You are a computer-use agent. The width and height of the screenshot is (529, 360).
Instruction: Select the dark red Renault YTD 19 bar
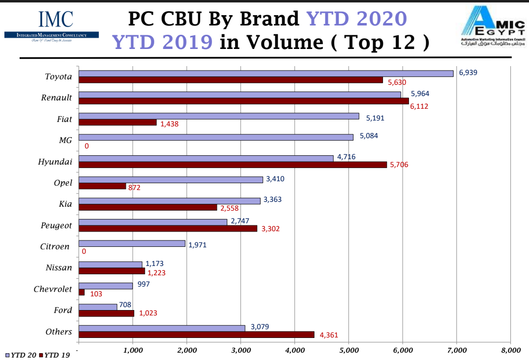243,101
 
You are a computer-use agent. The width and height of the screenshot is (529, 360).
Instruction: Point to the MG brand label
65,140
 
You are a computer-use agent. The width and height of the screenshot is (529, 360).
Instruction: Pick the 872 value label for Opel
134,188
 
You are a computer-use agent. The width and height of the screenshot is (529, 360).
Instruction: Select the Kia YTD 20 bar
169,201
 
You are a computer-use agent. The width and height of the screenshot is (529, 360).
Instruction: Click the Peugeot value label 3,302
270,229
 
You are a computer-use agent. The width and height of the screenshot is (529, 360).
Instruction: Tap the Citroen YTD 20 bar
132,243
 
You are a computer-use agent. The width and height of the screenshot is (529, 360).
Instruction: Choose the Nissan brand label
59,268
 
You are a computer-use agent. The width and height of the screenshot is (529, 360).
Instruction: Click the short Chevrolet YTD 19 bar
81,292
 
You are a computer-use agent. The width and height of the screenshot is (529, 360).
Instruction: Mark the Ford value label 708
125,305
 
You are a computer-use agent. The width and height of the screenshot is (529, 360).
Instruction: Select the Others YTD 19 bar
196,335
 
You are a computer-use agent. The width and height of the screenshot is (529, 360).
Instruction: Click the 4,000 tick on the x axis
294,350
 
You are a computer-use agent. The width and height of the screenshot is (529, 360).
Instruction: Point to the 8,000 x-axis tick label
510,350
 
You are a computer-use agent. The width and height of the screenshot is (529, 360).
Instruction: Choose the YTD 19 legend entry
55,355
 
